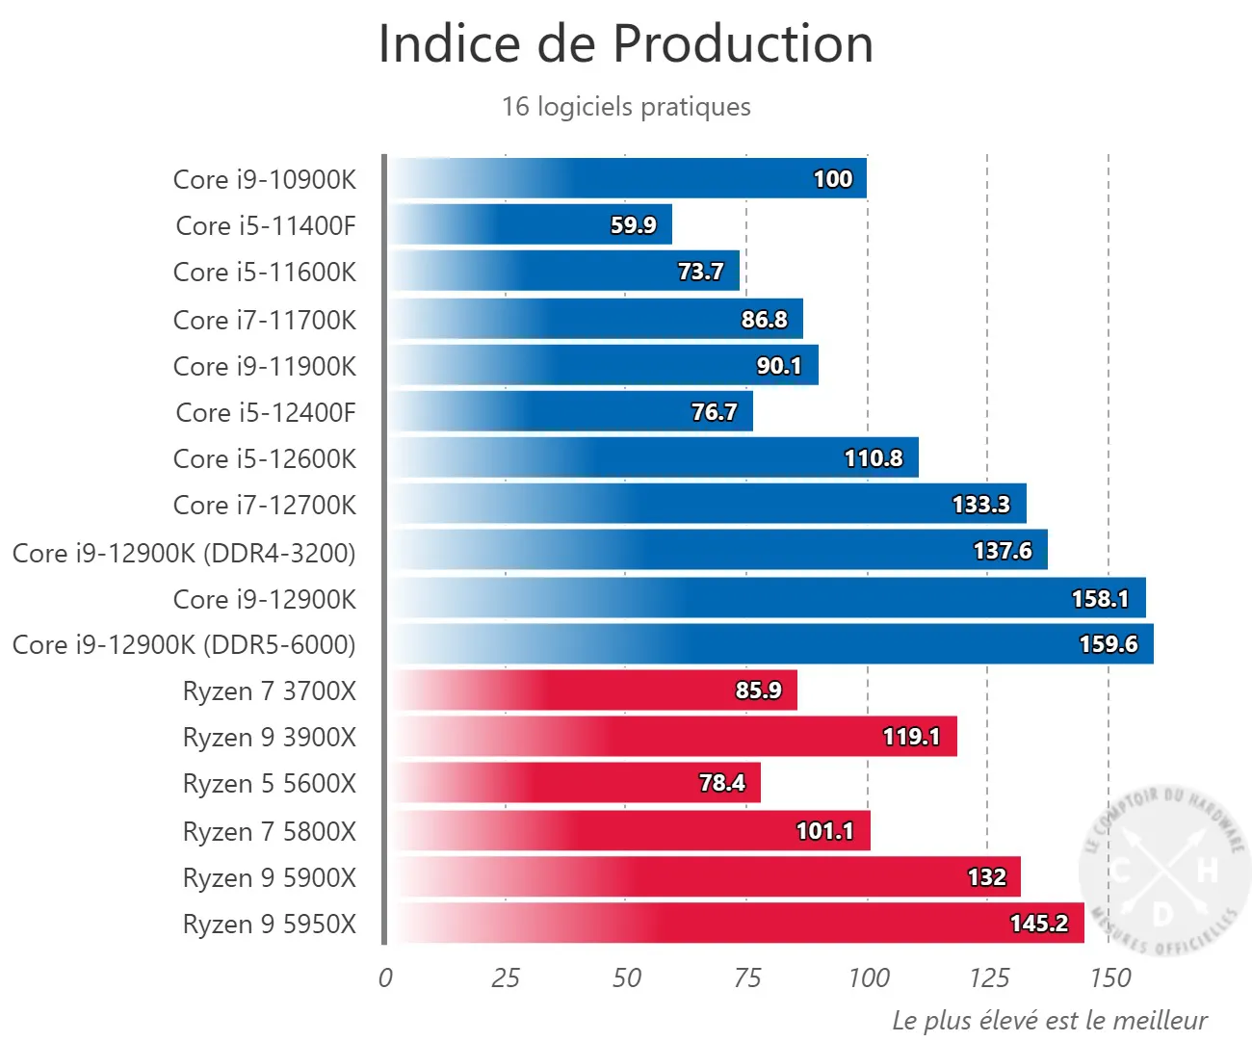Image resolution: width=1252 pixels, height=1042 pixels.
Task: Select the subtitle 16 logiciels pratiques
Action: [x=626, y=107]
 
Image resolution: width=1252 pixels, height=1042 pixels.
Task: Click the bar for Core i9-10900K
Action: [x=627, y=178]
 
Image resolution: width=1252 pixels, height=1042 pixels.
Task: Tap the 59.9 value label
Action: [x=633, y=224]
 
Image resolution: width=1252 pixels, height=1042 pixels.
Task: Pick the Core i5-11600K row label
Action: [x=265, y=272]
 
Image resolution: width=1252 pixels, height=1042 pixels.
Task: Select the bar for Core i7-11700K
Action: [x=595, y=319]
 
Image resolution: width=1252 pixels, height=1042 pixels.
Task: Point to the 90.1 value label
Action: [x=779, y=365]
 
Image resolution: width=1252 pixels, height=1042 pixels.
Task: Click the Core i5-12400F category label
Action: [x=266, y=412]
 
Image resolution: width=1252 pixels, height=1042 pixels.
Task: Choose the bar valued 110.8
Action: [x=653, y=457]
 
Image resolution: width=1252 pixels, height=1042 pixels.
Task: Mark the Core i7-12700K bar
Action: [x=707, y=504]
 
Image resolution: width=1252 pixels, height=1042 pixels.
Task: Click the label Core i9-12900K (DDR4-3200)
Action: [x=184, y=553]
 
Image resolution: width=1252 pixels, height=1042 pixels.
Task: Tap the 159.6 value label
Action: [x=1109, y=644]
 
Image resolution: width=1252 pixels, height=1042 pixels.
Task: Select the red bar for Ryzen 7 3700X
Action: [x=592, y=690]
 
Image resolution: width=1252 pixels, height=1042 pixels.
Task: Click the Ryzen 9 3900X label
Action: [x=270, y=737]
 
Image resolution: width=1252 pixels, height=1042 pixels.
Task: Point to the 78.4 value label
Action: [x=722, y=782]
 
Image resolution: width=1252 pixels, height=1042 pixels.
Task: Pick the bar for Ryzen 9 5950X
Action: [x=736, y=923]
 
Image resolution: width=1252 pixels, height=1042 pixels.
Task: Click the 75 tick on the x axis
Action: [x=747, y=977]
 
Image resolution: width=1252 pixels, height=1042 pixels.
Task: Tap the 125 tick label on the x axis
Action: [x=989, y=977]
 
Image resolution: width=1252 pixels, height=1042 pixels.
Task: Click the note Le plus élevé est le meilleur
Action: [x=1050, y=1020]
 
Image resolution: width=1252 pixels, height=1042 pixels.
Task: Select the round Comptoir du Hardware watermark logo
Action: [x=1162, y=870]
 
